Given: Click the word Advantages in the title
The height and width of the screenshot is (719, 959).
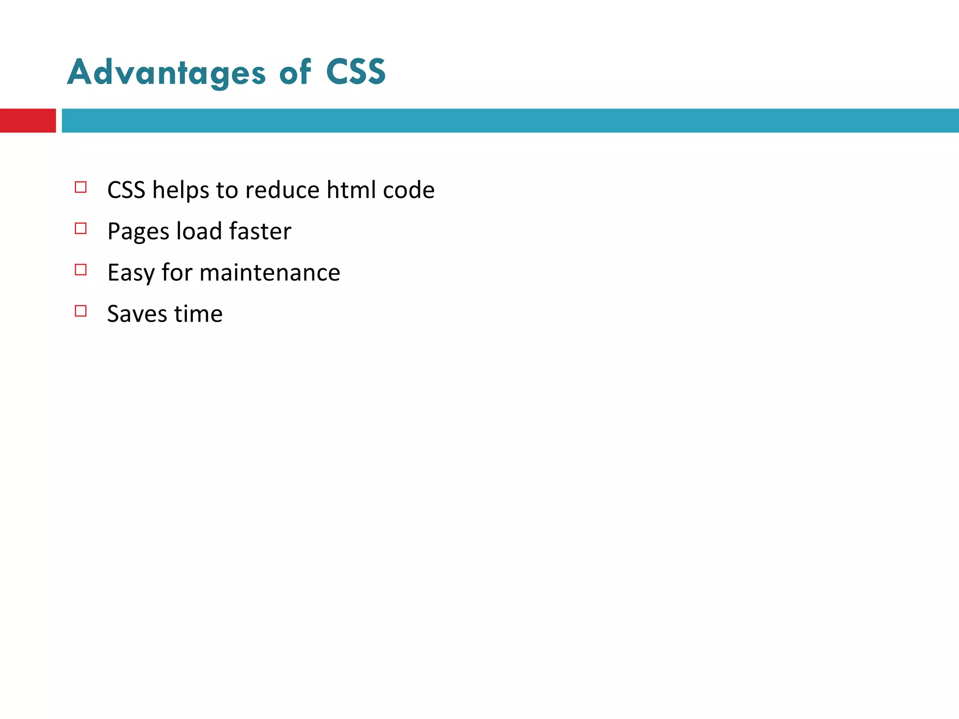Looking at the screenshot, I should (x=166, y=73).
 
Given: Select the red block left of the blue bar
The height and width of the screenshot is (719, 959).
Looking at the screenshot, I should (x=28, y=121).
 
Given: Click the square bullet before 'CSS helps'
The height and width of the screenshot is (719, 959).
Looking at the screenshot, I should (x=81, y=187).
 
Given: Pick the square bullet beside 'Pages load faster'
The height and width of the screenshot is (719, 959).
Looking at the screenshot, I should (x=81, y=228).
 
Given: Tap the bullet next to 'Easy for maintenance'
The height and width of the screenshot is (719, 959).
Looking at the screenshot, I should (x=81, y=270).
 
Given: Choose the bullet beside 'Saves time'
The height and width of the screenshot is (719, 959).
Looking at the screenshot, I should (x=81, y=311).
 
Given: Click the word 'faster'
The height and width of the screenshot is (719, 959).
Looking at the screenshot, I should (x=260, y=231).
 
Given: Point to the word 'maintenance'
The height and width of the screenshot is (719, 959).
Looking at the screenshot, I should (x=270, y=272).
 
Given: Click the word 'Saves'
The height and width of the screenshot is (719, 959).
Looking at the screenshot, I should (x=137, y=314).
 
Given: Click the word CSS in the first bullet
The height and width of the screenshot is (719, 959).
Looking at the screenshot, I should (x=126, y=190).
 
